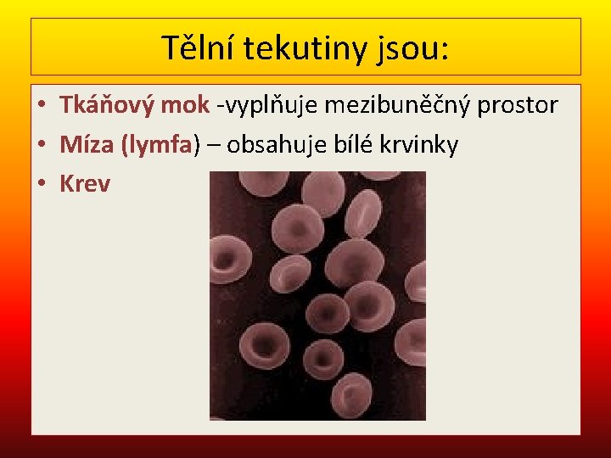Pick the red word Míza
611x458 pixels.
point(88,145)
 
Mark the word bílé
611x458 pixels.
point(362,145)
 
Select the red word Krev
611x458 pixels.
point(85,184)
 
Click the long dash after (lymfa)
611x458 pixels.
point(213,146)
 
